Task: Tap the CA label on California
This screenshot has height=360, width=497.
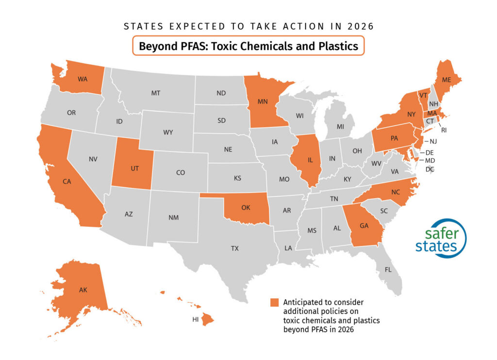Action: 67,181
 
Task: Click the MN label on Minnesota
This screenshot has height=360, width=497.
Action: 263,103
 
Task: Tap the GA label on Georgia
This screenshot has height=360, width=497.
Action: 365,225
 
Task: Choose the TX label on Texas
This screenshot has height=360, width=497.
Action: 234,248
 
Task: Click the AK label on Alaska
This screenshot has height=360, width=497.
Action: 83,290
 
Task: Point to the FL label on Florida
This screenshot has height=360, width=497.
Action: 388,269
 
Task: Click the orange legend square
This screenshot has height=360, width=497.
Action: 275,303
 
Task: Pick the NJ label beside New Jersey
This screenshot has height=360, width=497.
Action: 433,141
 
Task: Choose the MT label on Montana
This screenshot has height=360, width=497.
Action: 155,92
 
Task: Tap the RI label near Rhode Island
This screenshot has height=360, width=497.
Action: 443,130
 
